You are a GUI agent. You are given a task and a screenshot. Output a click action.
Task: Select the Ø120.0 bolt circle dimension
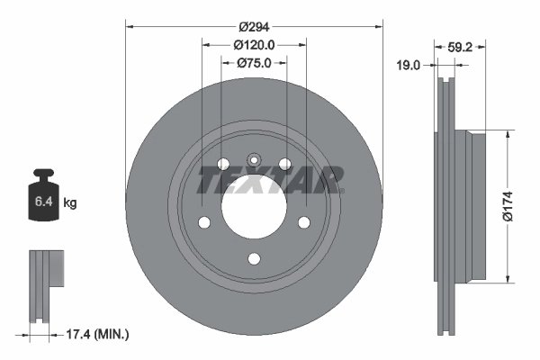[x=254, y=43]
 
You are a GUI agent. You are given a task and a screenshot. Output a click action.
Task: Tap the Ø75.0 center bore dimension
[x=254, y=63]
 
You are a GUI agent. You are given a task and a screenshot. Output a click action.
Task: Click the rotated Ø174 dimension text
[x=509, y=203]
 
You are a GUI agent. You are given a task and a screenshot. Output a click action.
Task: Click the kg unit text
[x=70, y=203]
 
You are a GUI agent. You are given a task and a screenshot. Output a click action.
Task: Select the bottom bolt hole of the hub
[x=254, y=259]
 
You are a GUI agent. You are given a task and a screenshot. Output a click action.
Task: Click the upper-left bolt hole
[x=222, y=163]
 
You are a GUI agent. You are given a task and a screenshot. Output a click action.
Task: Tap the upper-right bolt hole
[x=285, y=163]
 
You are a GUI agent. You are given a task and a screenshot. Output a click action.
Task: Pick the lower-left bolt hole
[x=203, y=222]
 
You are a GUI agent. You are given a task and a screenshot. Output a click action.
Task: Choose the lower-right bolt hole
[x=304, y=222]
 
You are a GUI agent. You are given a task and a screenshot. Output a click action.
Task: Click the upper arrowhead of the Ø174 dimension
[x=509, y=132]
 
